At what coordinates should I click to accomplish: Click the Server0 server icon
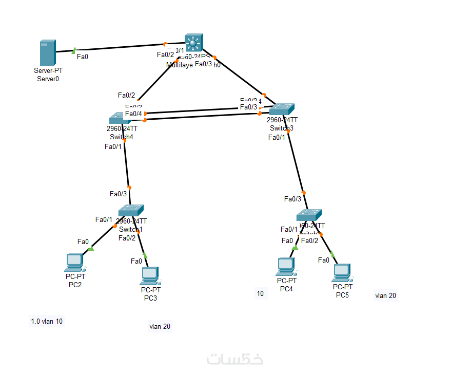tap(47, 53)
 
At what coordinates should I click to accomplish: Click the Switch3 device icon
tap(282, 109)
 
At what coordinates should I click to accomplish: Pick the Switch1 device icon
tap(130, 211)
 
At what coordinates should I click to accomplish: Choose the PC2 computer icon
tap(75, 263)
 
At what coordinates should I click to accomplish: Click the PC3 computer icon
tap(149, 276)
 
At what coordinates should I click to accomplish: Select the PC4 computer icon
tap(286, 267)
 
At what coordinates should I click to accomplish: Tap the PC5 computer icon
tap(341, 273)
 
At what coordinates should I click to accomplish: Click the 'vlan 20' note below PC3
tap(160, 326)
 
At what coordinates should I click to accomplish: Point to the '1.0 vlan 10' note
tap(47, 321)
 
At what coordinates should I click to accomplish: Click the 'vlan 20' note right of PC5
tap(385, 295)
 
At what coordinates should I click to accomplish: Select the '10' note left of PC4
tap(261, 293)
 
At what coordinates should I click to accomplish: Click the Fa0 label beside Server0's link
tap(82, 57)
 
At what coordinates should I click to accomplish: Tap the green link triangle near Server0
tap(74, 50)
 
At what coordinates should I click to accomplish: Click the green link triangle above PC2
tap(91, 249)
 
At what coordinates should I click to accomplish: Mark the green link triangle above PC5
tap(332, 254)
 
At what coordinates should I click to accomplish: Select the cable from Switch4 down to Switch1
tap(127, 164)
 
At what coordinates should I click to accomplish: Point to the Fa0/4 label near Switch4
tap(133, 114)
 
